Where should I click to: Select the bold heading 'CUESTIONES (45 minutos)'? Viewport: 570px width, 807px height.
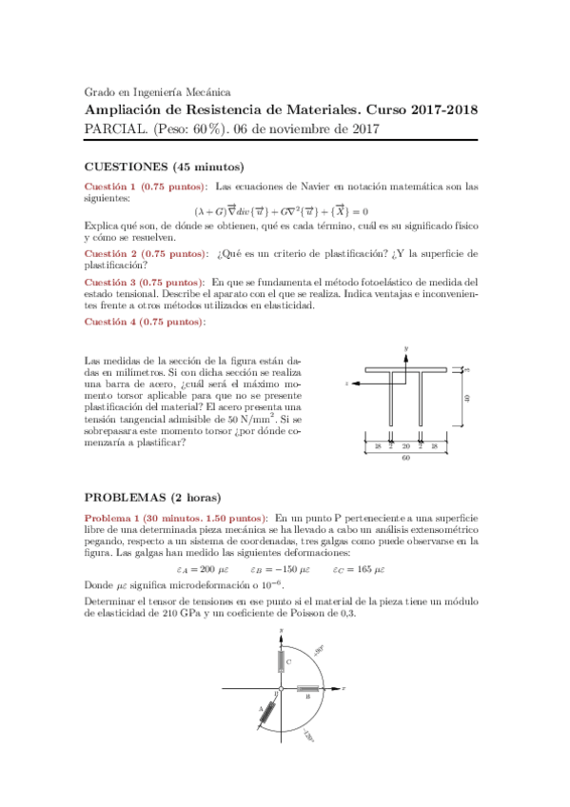coord(164,167)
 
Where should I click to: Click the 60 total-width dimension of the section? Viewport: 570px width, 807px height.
coord(405,458)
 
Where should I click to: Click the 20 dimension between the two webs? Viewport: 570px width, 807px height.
coord(405,445)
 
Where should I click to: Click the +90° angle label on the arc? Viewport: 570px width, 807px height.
coord(320,649)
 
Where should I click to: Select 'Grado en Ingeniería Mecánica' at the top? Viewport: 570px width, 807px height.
coord(157,92)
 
